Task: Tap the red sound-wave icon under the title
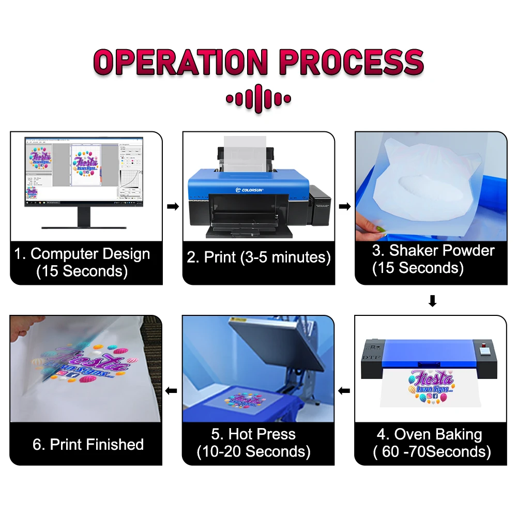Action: click(258, 99)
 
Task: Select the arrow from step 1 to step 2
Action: click(173, 207)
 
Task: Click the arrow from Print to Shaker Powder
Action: click(344, 207)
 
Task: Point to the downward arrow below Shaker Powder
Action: click(432, 301)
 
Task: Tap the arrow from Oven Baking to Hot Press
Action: click(344, 390)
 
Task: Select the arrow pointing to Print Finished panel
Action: click(172, 390)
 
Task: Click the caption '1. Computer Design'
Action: click(82, 254)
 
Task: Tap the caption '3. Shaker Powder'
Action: click(433, 251)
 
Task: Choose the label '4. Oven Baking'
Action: click(430, 434)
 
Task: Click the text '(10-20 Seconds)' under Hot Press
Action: click(253, 451)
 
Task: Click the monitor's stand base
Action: click(83, 226)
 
